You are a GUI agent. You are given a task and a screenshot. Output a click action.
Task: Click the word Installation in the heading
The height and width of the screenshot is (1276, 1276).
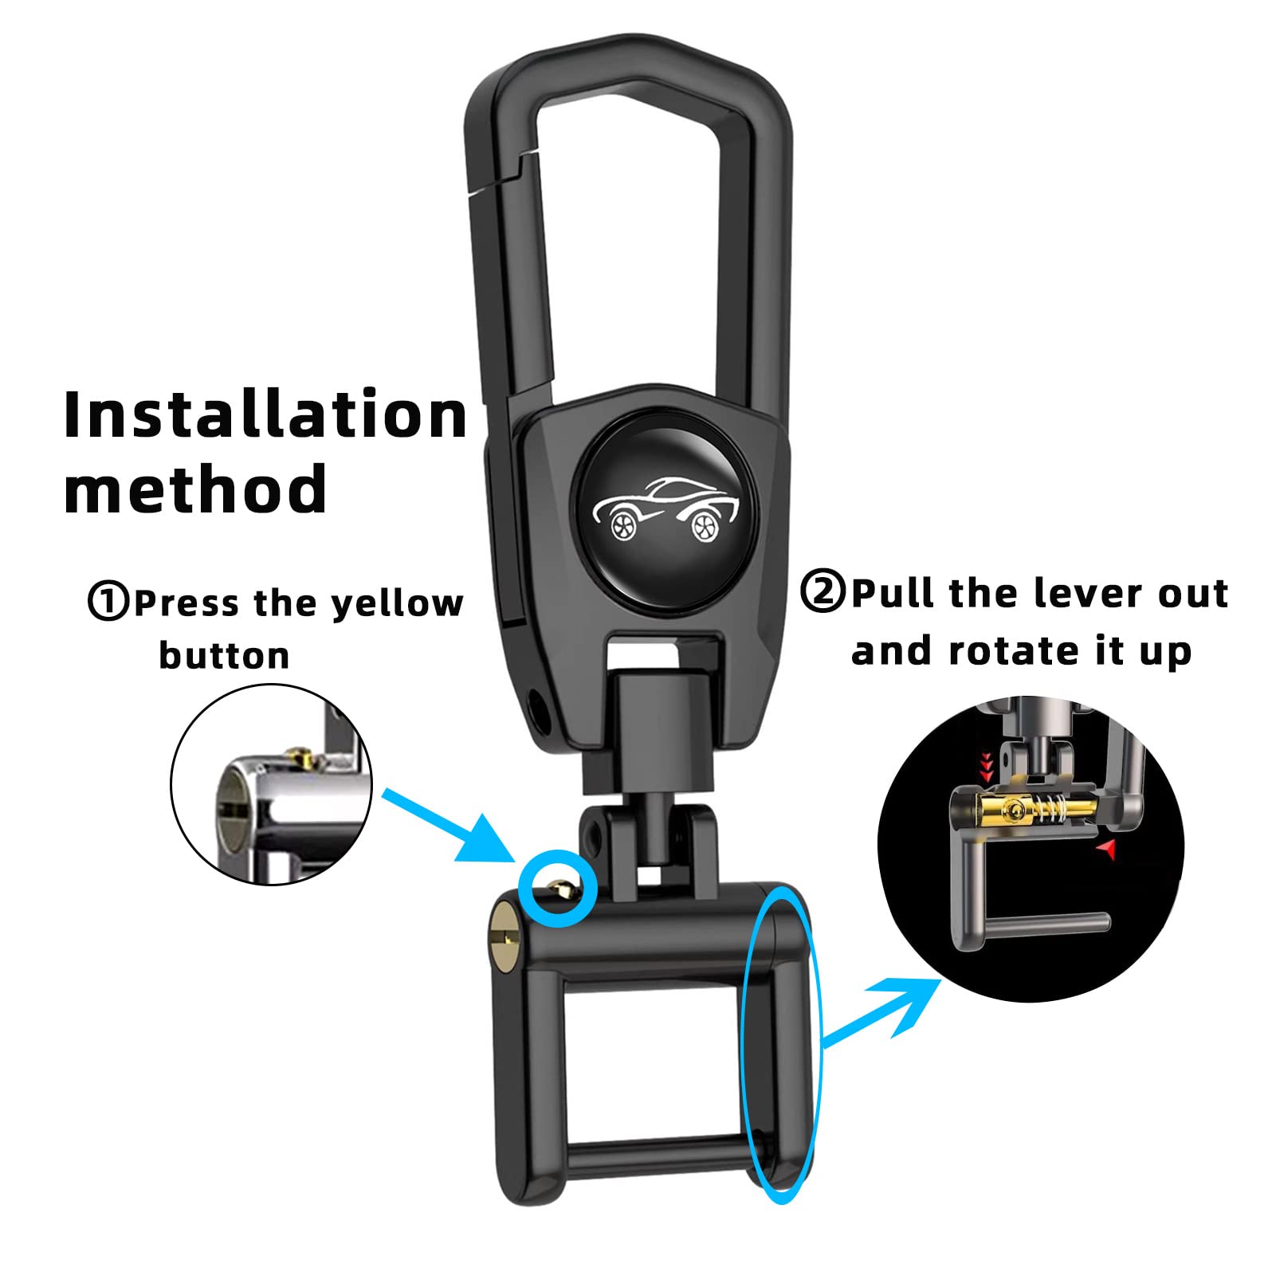click(x=265, y=414)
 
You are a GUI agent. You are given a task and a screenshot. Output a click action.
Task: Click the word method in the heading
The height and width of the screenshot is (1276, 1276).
click(x=195, y=489)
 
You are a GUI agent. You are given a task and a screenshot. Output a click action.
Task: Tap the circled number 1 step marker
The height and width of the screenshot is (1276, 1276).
click(x=108, y=601)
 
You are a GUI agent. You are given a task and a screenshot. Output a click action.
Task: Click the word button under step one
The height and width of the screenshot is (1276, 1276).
click(x=224, y=656)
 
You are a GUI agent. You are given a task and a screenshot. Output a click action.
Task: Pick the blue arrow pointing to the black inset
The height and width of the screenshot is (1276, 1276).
click(x=881, y=1009)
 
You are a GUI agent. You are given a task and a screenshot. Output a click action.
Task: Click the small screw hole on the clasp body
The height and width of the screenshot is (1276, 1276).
click(x=540, y=706)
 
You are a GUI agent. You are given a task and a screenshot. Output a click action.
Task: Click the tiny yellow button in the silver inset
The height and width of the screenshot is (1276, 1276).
click(x=301, y=753)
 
